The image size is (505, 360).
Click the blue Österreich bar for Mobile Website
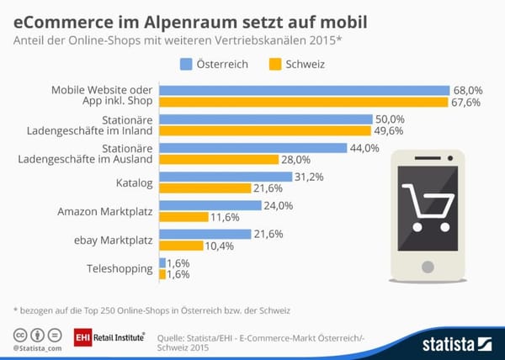304,91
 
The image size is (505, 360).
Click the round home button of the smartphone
428,267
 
